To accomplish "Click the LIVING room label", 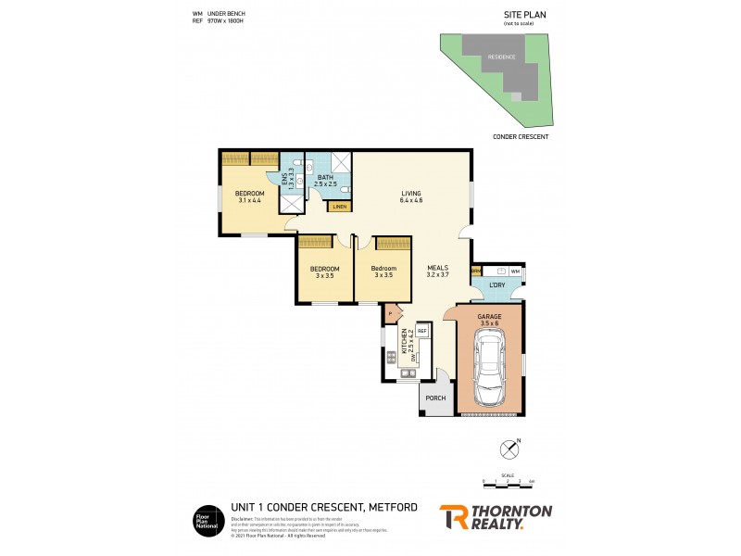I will [x=410, y=196].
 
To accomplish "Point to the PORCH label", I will [x=435, y=398].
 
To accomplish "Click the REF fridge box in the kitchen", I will [x=421, y=330].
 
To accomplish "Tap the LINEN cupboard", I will [x=339, y=207].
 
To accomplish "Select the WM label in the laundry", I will [x=514, y=270].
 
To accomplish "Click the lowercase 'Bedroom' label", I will [x=383, y=270].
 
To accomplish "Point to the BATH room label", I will [x=325, y=180].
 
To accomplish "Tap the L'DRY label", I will [x=496, y=285].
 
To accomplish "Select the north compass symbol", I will [x=509, y=449].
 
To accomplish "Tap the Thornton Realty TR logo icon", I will [x=453, y=517].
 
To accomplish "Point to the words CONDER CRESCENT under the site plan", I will [x=521, y=136].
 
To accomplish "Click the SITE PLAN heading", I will [x=521, y=15].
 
